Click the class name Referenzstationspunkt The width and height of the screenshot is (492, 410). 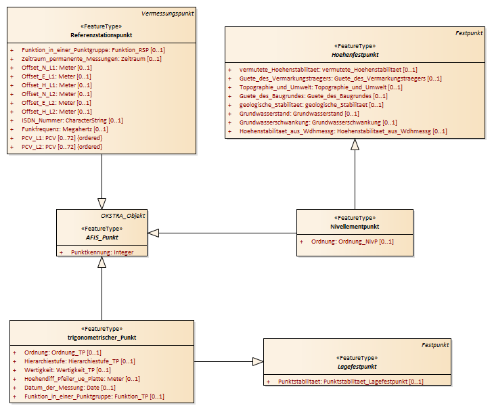coord(102,35)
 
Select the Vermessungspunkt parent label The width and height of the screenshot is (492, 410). coord(168,14)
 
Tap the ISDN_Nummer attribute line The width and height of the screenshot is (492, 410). coord(72,120)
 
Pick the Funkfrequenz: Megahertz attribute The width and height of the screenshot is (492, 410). coord(65,129)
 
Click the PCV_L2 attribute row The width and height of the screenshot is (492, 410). coord(62,147)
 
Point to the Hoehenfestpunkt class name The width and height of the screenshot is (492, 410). coord(355,55)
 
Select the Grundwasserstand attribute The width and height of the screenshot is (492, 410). coord(299,114)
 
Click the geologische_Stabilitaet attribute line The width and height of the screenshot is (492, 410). coord(311,105)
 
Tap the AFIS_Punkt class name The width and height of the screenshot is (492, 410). coord(102,237)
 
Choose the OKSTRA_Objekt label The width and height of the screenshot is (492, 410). coord(123,216)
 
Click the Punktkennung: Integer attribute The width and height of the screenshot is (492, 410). coord(102,252)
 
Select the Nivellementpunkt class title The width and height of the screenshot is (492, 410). coord(355,227)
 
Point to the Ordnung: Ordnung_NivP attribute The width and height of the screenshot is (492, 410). coord(353,242)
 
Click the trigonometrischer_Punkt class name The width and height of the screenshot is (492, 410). coord(102,338)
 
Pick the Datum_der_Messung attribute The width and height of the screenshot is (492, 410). coord(70,388)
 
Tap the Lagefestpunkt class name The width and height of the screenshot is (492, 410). coord(357,367)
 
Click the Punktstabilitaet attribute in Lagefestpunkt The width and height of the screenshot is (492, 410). coord(351,382)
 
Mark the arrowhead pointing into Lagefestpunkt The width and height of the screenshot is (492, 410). coord(258,362)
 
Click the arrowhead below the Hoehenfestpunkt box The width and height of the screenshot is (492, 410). coord(355,144)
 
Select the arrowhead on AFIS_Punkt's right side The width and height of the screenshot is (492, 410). coord(153,233)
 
